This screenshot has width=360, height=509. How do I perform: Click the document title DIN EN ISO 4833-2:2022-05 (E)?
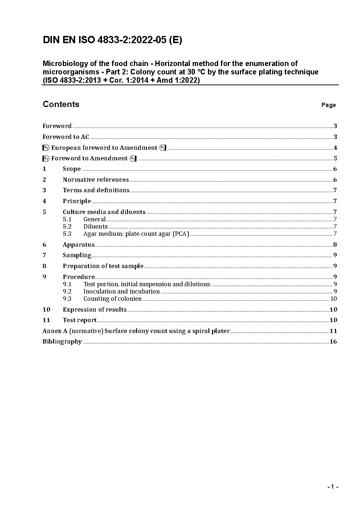coord(112,40)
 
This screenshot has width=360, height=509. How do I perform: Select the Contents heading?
coord(61,104)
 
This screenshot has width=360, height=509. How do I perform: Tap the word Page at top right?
coord(328,105)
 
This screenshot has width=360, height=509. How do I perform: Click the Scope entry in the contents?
coord(71,169)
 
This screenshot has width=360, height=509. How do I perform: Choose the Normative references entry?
coord(95,180)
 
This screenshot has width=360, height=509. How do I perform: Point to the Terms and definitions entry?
coord(96,190)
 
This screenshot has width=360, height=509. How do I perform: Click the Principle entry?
coord(77,201)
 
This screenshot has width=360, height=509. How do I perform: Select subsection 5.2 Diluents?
coord(95,227)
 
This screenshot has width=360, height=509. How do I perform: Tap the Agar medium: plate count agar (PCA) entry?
coord(136,234)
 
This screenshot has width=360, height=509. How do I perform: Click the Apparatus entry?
coord(78,245)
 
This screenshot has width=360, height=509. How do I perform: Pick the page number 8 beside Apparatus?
coord(335,245)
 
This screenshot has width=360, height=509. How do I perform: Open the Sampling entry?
coord(77,255)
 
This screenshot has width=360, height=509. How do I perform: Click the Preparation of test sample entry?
coord(103,266)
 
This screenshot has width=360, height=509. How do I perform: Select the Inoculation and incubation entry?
coord(121,292)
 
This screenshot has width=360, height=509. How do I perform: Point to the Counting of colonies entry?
coord(112,299)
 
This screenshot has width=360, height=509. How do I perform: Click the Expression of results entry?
coord(94,310)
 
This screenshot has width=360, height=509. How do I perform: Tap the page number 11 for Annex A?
coord(333,331)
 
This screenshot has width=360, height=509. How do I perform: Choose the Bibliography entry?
coord(62,342)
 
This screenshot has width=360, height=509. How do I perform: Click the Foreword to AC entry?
coord(66,137)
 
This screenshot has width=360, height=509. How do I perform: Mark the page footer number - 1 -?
coord(333,487)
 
